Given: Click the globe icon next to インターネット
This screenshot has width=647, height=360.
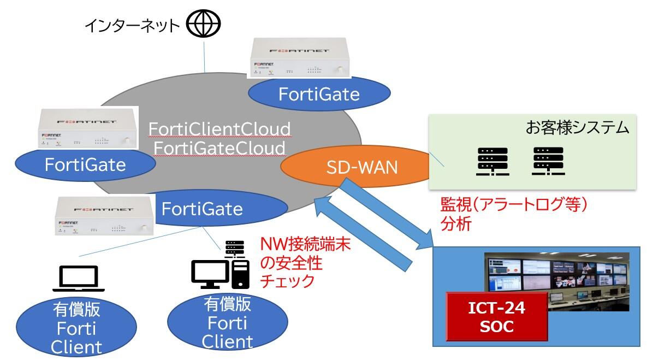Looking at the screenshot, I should pyautogui.click(x=203, y=25).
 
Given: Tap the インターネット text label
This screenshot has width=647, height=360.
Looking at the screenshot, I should pyautogui.click(x=132, y=26).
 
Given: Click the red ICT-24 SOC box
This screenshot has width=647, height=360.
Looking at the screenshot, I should pyautogui.click(x=497, y=317).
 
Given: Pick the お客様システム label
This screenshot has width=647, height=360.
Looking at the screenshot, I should pyautogui.click(x=578, y=129).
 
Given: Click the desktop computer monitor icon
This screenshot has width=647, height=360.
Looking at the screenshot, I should pyautogui.click(x=210, y=273).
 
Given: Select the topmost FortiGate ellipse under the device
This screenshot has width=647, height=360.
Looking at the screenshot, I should pyautogui.click(x=319, y=93).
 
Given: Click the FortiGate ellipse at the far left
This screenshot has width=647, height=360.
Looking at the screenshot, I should pyautogui.click(x=85, y=164).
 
